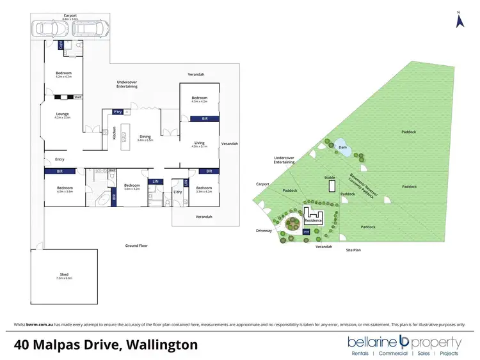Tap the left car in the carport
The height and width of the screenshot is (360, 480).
(46, 29)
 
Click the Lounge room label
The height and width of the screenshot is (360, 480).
(61, 116)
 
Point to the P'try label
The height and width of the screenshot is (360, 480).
(117, 112)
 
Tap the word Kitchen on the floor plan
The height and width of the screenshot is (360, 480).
(115, 134)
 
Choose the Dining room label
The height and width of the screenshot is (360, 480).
(145, 137)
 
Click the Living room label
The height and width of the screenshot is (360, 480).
(199, 145)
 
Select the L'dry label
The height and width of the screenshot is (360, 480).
(178, 192)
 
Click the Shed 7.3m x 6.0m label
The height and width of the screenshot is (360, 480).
(64, 276)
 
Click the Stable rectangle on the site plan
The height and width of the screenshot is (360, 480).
(331, 185)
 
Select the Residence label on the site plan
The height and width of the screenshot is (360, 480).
(314, 220)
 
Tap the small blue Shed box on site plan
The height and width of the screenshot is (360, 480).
(306, 231)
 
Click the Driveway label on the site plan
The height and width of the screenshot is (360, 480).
(264, 230)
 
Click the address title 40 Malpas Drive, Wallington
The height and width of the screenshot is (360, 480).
(106, 345)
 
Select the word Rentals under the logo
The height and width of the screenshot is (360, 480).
(360, 353)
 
